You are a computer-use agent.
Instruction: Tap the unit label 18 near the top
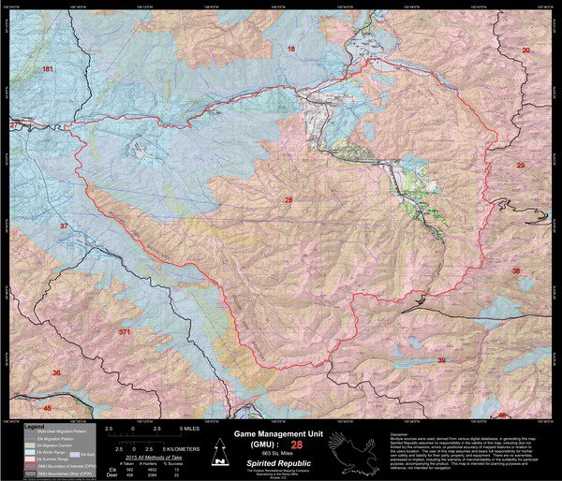pos(290,49)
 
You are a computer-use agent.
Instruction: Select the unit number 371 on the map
pos(126,331)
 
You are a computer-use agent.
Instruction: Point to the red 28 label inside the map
pos(288,200)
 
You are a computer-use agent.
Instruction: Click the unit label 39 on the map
pos(441,359)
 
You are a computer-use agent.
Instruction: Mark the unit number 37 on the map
pos(64,226)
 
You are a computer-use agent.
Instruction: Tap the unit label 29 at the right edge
pos(521,165)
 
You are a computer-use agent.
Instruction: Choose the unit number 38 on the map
pos(515,270)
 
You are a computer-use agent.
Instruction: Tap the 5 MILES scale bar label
pos(188,428)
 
